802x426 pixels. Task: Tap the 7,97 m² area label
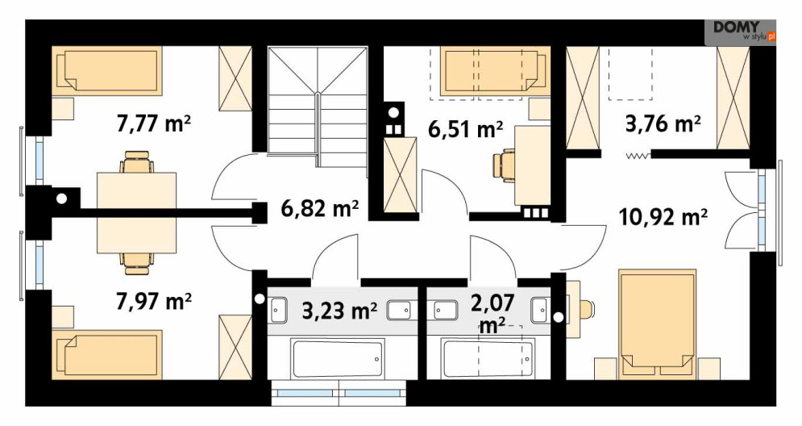[154, 301]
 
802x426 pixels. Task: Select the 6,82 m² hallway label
[320, 208]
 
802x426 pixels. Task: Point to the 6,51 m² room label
[465, 130]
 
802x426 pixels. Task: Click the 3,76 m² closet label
[663, 123]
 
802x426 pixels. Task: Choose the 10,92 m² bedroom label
[663, 217]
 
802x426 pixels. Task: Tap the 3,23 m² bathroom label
[340, 311]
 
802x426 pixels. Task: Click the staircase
[318, 107]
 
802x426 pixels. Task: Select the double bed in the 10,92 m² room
[657, 324]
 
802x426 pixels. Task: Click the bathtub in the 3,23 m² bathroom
[338, 358]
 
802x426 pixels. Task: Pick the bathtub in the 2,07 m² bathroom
[488, 358]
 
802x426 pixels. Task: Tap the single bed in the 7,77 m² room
[106, 71]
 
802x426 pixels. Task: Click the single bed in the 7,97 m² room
[106, 354]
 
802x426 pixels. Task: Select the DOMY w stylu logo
[741, 31]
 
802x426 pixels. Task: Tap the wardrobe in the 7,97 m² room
[235, 347]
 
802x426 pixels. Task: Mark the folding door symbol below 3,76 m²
[638, 156]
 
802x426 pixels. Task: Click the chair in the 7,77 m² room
[136, 162]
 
